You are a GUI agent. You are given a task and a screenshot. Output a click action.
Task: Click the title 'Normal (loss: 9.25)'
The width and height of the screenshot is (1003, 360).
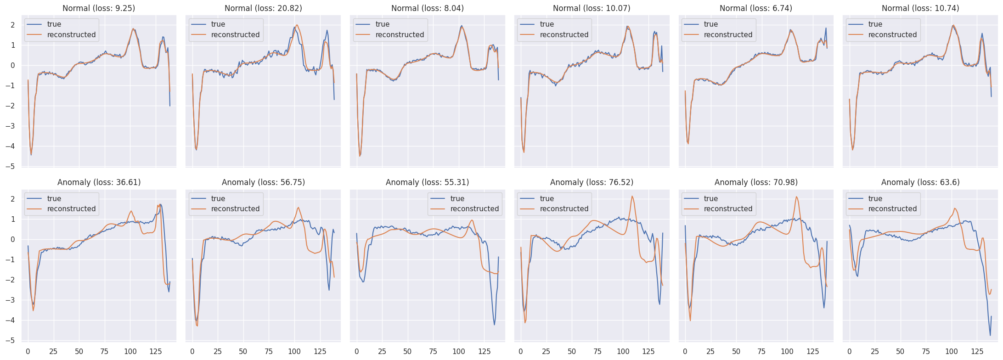99,8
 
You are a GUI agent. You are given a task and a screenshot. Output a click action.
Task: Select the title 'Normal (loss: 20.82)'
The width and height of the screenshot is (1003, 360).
263,8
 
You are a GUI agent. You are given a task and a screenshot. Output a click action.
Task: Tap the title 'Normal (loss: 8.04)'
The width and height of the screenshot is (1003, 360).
427,8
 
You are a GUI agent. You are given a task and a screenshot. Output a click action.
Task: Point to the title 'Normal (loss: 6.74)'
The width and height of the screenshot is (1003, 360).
756,8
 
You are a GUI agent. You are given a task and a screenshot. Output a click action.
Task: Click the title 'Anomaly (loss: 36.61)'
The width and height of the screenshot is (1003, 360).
99,182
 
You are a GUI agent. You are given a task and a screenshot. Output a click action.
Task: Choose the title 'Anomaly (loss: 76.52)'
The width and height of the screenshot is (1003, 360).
592,182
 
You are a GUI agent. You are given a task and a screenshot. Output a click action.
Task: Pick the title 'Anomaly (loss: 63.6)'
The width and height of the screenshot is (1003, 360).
920,182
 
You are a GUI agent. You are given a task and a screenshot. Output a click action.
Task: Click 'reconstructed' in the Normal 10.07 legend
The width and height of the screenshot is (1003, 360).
564,34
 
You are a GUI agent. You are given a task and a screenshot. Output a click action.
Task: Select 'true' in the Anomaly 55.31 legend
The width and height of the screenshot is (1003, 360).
457,198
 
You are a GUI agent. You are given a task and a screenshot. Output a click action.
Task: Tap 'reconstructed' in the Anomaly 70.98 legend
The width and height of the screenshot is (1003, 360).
728,208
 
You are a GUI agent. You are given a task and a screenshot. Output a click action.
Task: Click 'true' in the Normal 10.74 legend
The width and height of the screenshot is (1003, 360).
875,24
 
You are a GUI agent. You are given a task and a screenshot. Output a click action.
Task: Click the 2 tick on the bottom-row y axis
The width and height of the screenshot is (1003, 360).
13,199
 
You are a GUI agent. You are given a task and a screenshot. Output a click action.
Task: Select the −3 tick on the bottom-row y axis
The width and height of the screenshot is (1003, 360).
12,300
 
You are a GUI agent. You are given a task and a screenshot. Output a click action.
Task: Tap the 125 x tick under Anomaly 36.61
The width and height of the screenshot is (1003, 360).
156,352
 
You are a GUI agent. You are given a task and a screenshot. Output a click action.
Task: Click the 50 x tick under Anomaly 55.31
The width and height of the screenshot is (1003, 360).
407,352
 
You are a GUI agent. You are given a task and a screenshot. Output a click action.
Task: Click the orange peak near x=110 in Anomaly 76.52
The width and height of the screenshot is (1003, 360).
632,197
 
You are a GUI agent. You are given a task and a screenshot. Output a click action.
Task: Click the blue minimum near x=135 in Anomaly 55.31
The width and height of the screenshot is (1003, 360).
494,325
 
